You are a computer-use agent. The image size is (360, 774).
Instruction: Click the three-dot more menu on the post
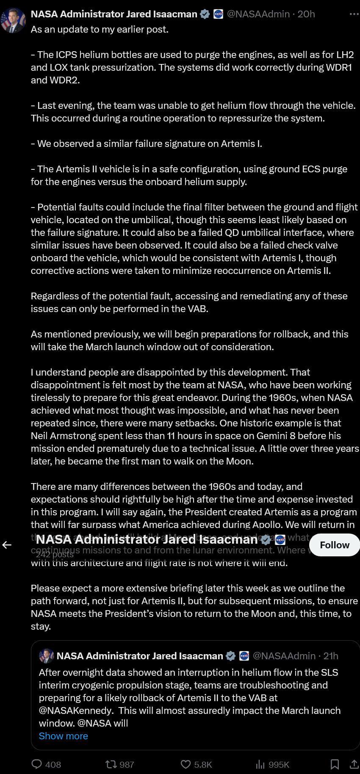354,14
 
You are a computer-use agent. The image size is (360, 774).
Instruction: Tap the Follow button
335,545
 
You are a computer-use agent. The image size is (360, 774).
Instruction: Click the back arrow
7,545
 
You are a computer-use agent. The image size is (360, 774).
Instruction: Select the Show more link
64,736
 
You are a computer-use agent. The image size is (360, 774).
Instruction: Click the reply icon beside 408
37,764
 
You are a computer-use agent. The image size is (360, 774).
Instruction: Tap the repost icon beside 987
111,764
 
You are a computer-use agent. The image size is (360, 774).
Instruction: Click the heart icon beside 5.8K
186,764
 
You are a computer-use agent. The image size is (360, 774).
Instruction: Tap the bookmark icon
335,764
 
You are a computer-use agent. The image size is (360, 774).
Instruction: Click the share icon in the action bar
354,764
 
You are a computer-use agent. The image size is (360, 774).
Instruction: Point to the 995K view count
279,765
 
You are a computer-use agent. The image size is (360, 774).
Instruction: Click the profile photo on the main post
13,20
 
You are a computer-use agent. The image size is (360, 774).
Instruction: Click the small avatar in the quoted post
46,656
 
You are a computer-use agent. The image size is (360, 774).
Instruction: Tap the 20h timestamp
306,14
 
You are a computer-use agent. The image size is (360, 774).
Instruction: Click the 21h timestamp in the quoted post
331,656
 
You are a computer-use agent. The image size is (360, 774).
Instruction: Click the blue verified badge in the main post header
205,14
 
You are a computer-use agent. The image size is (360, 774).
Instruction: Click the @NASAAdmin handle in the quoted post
284,656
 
